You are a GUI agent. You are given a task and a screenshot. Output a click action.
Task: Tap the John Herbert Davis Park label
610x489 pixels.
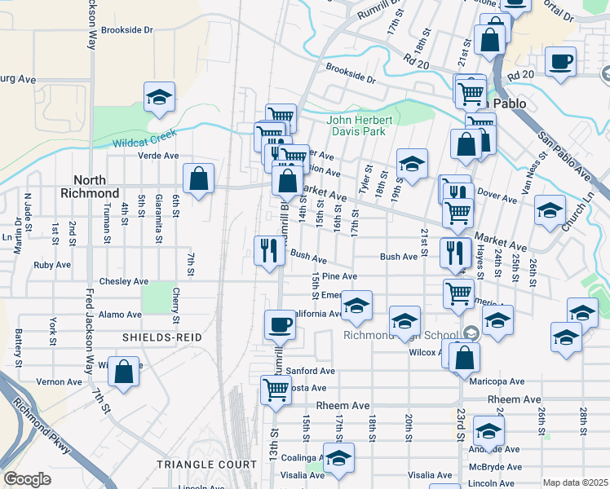pyautogui.click(x=360, y=126)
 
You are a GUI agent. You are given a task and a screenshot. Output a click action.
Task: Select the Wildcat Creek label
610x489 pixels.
pyautogui.click(x=144, y=142)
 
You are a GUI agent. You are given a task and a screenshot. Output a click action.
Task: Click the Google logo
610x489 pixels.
pyautogui.click(x=27, y=479)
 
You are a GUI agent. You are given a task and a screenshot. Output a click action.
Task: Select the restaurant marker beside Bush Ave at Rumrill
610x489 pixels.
pyautogui.click(x=269, y=250)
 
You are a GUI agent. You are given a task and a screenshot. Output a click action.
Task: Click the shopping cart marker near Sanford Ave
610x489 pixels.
pyautogui.click(x=276, y=390)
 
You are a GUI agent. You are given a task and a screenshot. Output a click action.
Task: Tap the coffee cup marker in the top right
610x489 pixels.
pyautogui.click(x=560, y=62)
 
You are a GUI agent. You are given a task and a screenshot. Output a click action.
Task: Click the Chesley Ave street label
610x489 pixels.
pyautogui.click(x=124, y=281)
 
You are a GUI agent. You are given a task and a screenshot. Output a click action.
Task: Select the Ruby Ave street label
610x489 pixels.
pyautogui.click(x=54, y=265)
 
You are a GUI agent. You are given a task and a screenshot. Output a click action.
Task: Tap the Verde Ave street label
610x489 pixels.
pyautogui.click(x=158, y=156)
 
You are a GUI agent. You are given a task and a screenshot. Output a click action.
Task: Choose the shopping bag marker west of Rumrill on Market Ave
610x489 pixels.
pyautogui.click(x=198, y=178)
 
